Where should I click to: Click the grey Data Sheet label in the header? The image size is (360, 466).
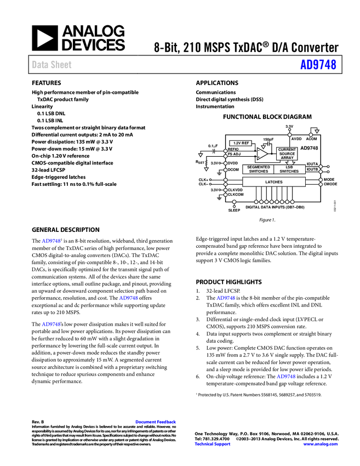click(x=52, y=65)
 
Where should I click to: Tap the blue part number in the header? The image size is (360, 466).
click(x=318, y=65)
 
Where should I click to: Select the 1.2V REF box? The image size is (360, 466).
click(x=241, y=143)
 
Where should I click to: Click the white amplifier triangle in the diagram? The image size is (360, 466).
click(x=262, y=154)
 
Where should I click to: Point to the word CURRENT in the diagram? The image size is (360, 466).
click(x=287, y=150)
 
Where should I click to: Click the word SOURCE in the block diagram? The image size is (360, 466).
click(x=287, y=154)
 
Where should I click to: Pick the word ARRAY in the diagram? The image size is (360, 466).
click(x=287, y=158)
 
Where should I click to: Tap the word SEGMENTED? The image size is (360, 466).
click(x=259, y=167)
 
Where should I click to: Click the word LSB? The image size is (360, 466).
click(x=289, y=167)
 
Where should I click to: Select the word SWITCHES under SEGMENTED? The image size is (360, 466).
click(x=259, y=172)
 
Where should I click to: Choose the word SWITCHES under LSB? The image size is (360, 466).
click(x=289, y=172)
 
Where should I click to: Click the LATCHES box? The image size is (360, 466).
click(x=274, y=182)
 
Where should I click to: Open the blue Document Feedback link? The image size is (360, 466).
click(x=156, y=422)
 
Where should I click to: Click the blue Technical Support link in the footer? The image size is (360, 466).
click(x=213, y=444)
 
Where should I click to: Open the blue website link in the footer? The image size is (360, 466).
click(x=321, y=444)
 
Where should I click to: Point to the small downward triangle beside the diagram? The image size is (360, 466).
click(x=206, y=169)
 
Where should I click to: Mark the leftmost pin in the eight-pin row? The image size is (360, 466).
click(x=256, y=202)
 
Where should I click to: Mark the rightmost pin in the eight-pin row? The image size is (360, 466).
click(x=293, y=202)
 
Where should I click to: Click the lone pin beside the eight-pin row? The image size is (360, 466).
click(x=235, y=202)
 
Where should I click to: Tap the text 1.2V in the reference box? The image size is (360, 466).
click(x=237, y=143)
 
